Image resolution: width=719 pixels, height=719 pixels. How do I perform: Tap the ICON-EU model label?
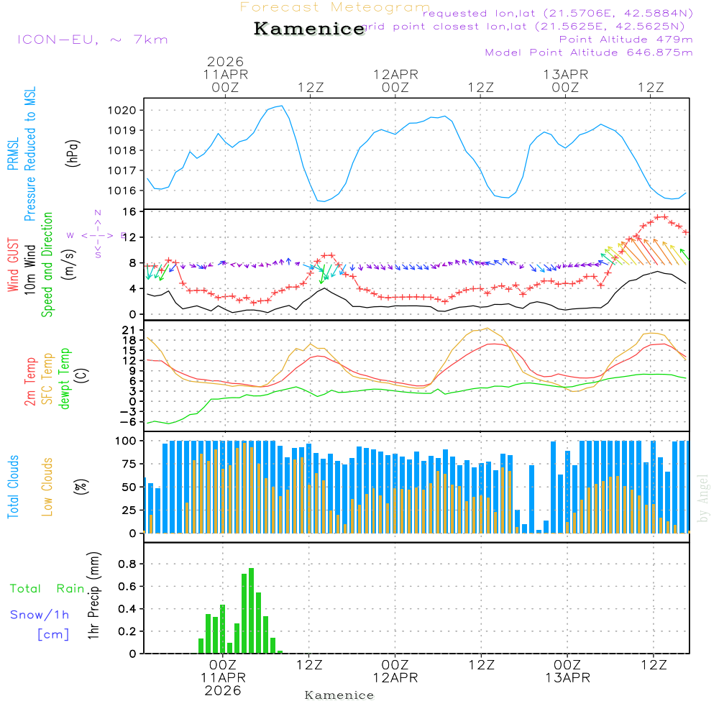(92, 40)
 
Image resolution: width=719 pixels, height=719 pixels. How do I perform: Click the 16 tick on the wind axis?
(130, 212)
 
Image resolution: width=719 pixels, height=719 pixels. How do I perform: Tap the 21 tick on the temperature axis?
(130, 330)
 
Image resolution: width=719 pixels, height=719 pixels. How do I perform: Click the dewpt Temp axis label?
(65, 379)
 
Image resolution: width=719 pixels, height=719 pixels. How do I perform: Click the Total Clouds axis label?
(13, 487)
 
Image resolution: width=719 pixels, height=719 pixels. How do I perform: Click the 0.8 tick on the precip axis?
(128, 564)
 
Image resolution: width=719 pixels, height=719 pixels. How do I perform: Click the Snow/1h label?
(40, 615)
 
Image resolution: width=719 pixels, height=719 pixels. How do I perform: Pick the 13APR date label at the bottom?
(567, 678)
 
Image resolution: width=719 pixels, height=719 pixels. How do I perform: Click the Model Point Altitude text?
(589, 52)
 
